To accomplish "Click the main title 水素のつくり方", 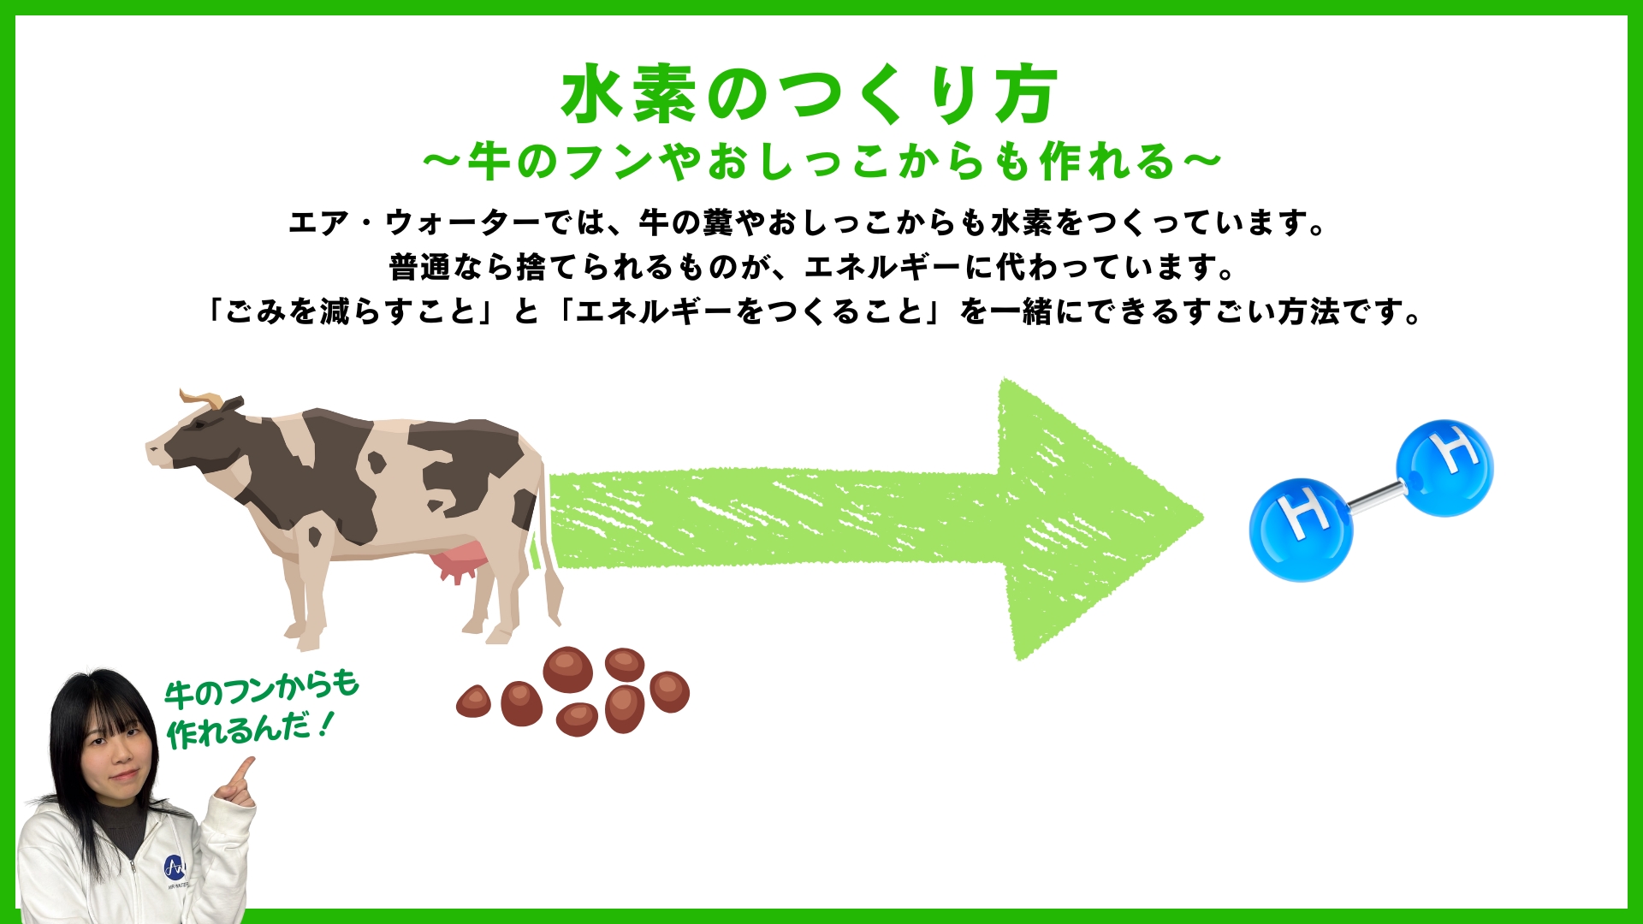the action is point(810,94).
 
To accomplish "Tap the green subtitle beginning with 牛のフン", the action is point(821,161).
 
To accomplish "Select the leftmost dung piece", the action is point(474,702).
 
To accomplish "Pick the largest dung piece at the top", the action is point(567,669).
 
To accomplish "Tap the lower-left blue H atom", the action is point(1301,530).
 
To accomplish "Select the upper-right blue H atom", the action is point(1444,468).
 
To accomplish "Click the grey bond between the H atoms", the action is point(1374,497).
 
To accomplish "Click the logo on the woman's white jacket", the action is point(175,867).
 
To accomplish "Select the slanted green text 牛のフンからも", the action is point(262,689).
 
